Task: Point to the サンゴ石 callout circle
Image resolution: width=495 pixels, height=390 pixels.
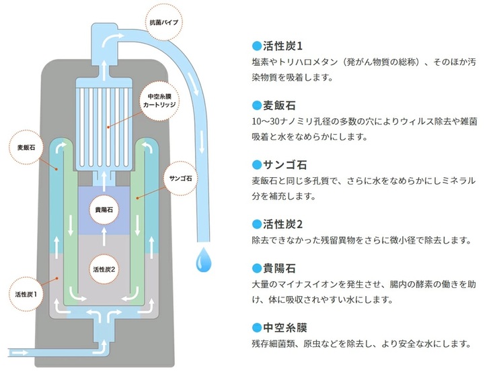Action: tap(181, 179)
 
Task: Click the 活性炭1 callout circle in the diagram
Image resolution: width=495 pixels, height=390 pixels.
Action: tap(26, 293)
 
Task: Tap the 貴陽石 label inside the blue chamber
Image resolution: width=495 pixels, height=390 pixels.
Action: tap(104, 209)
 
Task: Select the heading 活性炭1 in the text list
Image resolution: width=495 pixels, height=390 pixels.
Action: tap(282, 46)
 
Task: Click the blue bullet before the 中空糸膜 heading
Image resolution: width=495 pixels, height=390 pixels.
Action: tap(256, 328)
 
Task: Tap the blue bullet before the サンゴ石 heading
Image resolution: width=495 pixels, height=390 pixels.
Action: tap(256, 164)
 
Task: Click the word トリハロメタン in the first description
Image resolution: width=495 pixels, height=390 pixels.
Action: tap(301, 62)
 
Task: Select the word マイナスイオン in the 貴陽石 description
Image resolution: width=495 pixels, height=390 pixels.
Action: tap(300, 284)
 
